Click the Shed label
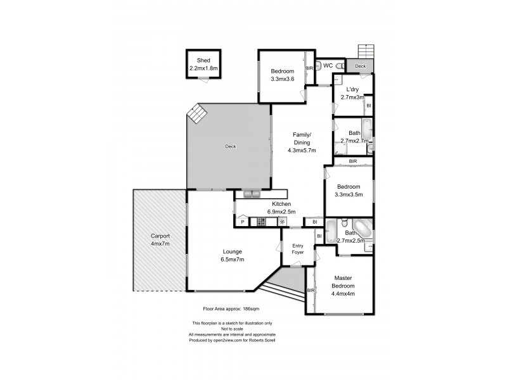point(203,61)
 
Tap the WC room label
point(328,65)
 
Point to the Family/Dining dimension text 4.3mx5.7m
point(301,150)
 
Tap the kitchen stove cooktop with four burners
point(260,222)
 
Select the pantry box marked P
point(242,222)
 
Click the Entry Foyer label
point(298,249)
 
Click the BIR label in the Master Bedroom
point(311,290)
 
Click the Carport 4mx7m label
point(159,240)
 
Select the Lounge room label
point(231,251)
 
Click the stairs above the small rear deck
point(366,51)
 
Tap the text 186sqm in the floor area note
point(248,308)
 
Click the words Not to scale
point(226,329)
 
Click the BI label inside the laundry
point(368,105)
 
